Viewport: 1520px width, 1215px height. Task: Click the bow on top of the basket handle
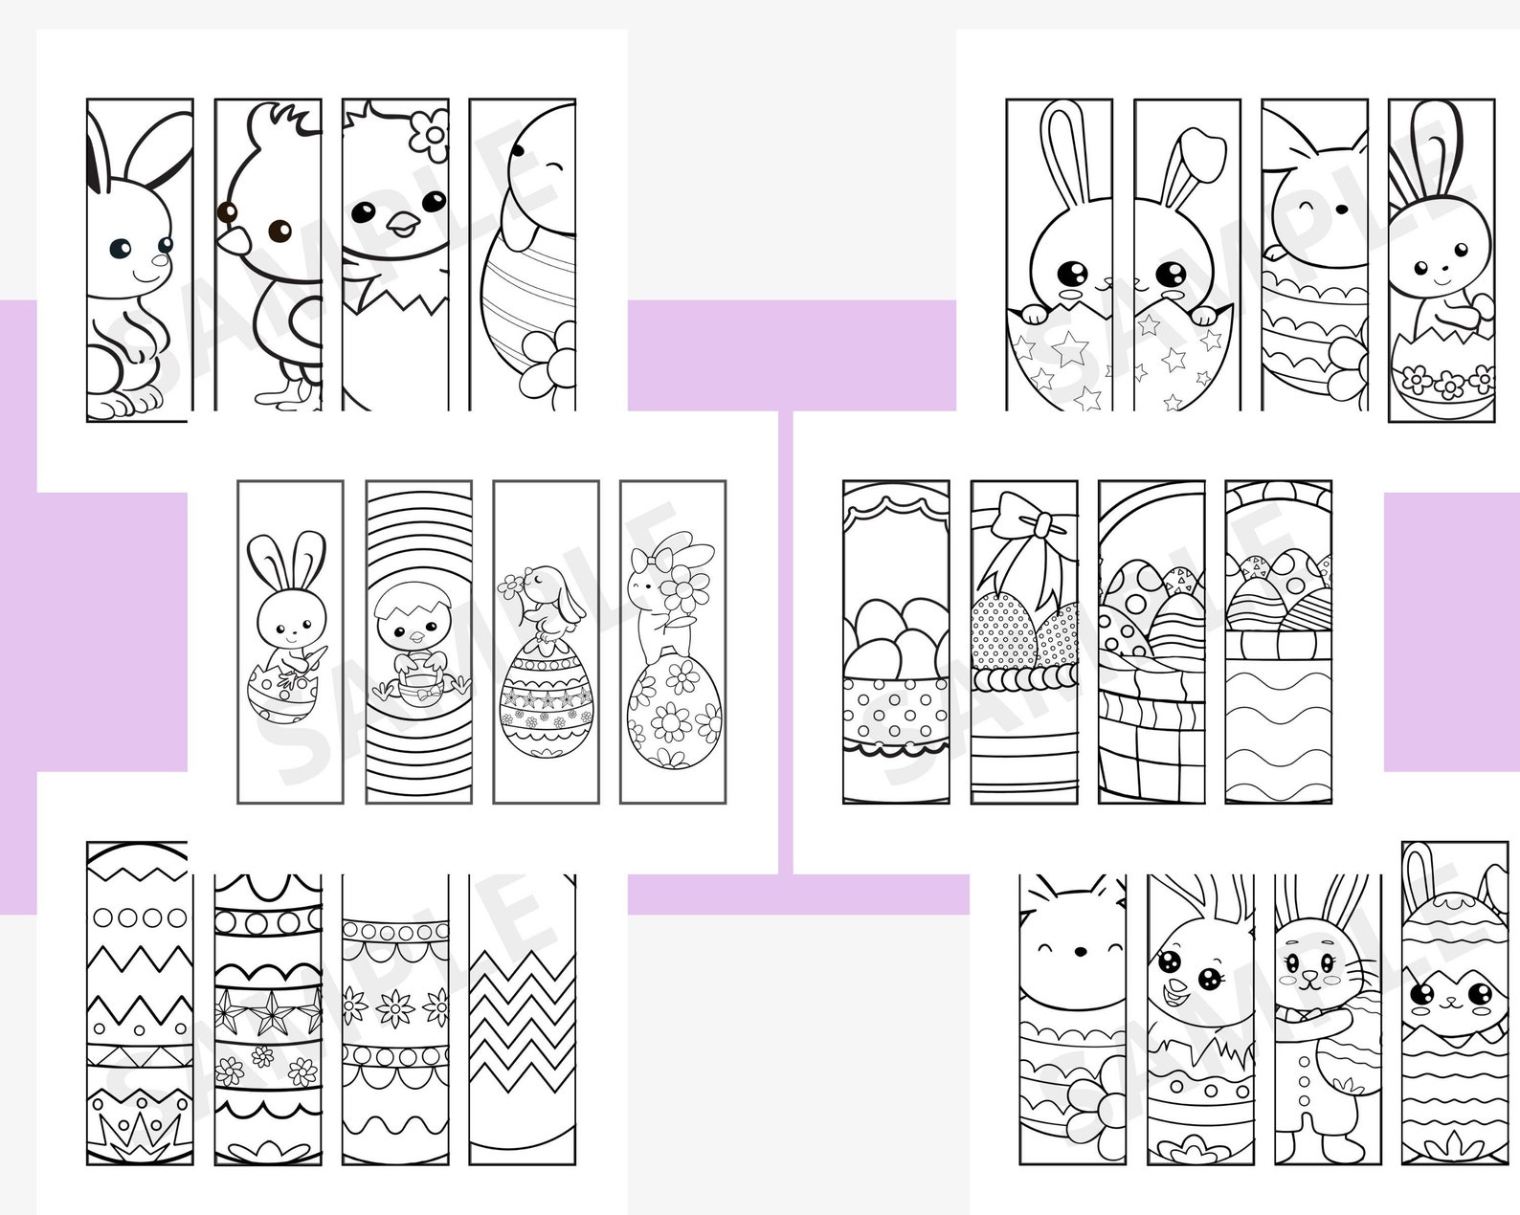(x=1026, y=522)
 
